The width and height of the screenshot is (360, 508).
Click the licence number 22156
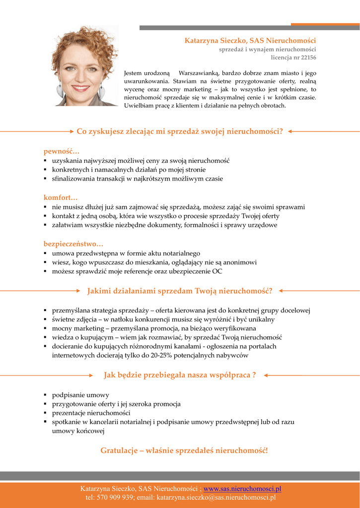(x=307, y=58)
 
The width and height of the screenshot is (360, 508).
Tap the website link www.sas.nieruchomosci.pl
(x=242, y=489)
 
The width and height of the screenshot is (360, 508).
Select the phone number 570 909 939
(x=115, y=497)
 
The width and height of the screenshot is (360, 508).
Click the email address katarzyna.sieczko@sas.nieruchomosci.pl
(x=216, y=497)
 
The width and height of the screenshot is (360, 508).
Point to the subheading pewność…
(x=61, y=151)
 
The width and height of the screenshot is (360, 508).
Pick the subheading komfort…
(x=61, y=197)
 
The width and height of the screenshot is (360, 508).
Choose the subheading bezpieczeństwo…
(x=73, y=244)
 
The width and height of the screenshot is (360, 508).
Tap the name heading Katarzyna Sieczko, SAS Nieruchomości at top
(x=250, y=40)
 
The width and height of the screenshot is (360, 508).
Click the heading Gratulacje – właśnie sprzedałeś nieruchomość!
(x=184, y=450)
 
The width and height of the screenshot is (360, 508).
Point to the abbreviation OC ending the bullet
(x=217, y=271)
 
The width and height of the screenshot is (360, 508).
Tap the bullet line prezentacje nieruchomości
(x=91, y=413)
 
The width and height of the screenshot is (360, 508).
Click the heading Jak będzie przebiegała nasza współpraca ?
(x=180, y=375)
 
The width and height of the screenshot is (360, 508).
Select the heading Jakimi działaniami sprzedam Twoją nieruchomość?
(x=180, y=290)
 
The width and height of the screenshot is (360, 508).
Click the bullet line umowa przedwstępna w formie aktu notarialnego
(x=126, y=253)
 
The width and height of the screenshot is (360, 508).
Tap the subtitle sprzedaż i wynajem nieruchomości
(x=268, y=50)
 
